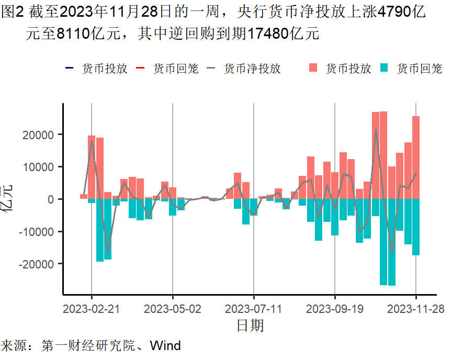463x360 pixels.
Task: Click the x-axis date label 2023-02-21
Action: coord(91,309)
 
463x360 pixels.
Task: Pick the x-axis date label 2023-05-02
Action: coord(173,309)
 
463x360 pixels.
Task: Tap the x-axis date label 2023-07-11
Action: coord(253,309)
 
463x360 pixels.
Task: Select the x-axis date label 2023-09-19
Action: coord(335,309)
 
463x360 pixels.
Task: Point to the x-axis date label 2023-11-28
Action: coord(416,309)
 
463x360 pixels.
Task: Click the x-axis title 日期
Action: coord(250,326)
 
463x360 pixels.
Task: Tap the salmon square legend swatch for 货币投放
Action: coord(313,68)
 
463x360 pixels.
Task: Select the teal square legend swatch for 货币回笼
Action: coord(385,68)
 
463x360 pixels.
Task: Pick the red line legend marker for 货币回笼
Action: coord(140,68)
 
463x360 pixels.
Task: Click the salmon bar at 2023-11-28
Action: coord(416,157)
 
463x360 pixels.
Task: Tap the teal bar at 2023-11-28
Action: coord(416,227)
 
